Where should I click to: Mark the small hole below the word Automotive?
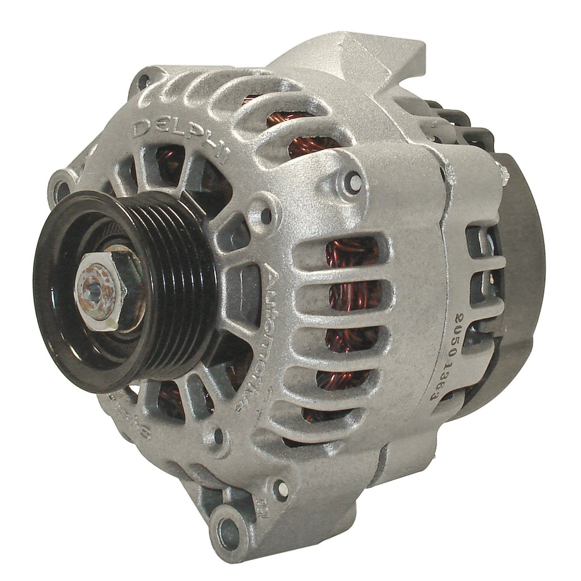click(220, 434)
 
